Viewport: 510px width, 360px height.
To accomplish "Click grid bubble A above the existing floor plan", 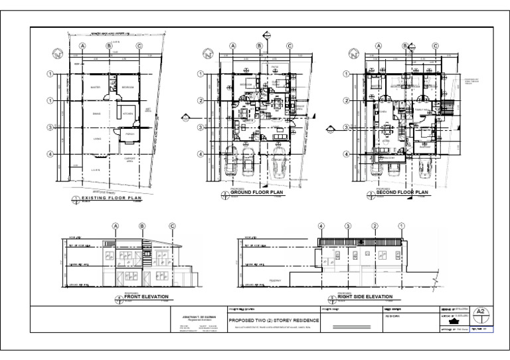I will (83, 46).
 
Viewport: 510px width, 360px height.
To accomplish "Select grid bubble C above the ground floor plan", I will (290, 46).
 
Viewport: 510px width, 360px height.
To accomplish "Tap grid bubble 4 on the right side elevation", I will (322, 226).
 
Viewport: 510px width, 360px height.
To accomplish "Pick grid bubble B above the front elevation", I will (142, 226).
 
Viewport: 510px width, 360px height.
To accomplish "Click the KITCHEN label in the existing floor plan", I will (128, 114).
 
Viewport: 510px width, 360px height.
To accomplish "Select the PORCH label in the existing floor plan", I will (130, 135).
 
